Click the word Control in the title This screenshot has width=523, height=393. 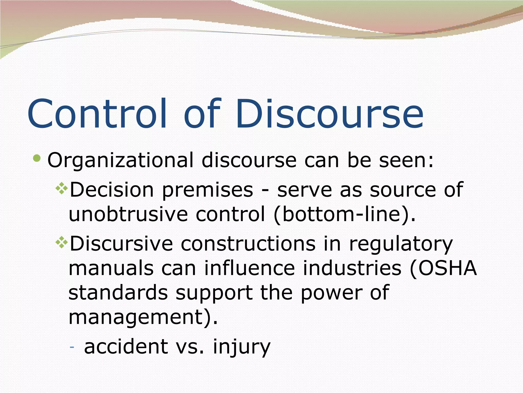97,114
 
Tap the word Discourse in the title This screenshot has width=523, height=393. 329,114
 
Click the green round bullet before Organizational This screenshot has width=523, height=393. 37,158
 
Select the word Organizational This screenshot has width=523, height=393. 120,161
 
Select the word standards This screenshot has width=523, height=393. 118,293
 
